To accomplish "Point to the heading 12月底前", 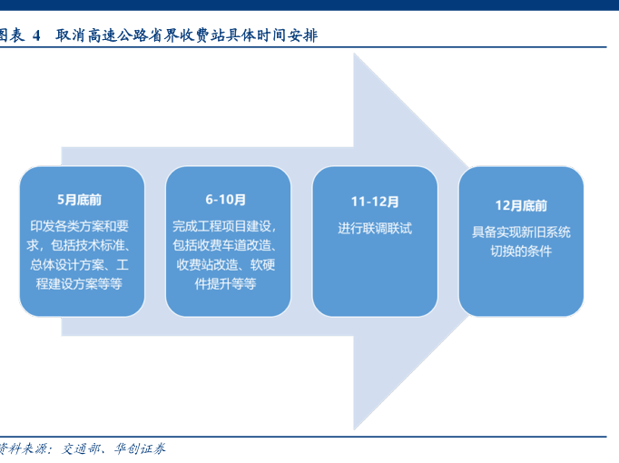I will click(x=520, y=205).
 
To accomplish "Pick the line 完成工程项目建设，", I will click(x=226, y=224).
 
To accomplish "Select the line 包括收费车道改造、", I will click(x=226, y=244).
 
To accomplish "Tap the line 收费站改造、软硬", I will click(x=226, y=264).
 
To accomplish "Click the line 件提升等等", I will click(x=226, y=284).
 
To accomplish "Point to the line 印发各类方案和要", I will click(x=80, y=225).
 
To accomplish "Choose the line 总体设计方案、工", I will click(x=80, y=264).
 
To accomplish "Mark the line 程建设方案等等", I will click(x=80, y=284).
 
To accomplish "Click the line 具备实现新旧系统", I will click(x=521, y=231).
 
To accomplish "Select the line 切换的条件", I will click(x=521, y=251).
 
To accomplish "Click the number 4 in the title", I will click(x=37, y=36).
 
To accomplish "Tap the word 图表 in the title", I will click(x=12, y=36).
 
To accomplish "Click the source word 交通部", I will click(x=84, y=448).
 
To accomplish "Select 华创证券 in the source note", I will click(x=139, y=448).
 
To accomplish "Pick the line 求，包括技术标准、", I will click(x=80, y=245).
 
